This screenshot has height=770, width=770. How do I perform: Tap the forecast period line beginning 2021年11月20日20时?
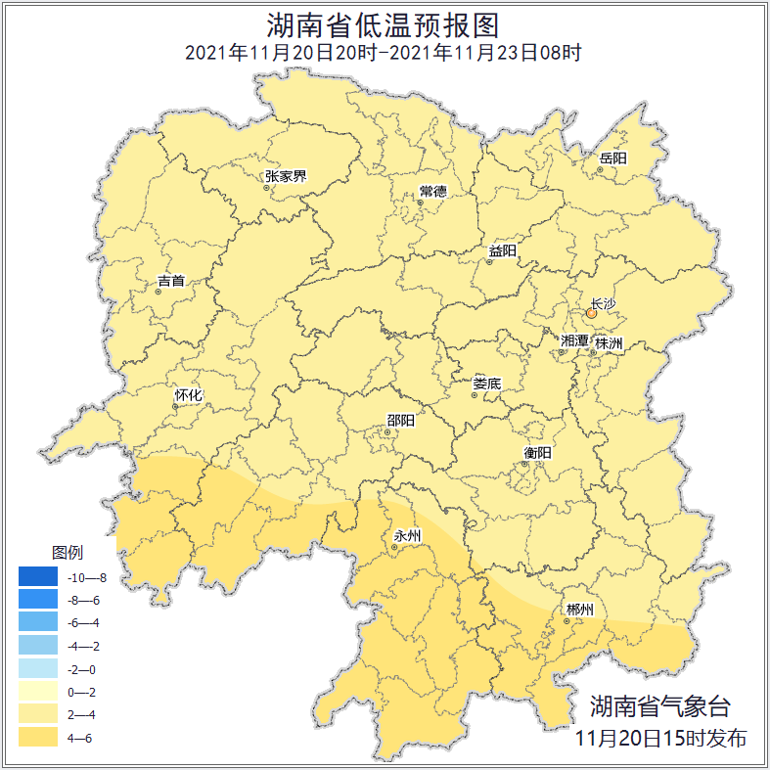coord(384,53)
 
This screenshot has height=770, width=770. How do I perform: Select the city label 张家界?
coord(286,177)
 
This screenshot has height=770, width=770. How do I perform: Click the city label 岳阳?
coord(613,159)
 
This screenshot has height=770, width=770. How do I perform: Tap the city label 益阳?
coord(502,251)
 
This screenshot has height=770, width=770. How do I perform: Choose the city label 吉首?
coord(170,281)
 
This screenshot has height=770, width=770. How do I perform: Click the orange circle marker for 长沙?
coord(591,314)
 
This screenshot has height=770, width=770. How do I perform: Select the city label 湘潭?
coord(575,341)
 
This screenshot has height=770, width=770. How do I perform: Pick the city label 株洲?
coord(609,343)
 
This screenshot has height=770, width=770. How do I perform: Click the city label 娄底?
coord(486,384)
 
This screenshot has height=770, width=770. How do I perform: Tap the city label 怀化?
coord(188,396)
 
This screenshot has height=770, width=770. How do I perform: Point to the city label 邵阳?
coord(399,421)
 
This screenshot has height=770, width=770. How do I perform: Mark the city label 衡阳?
coord(537,452)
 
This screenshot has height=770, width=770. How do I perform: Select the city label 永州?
coord(406,536)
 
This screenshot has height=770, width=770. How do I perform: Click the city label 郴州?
coord(579,610)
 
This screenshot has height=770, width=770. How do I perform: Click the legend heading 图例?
coord(68,552)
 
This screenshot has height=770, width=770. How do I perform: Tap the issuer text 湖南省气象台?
coord(660,706)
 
